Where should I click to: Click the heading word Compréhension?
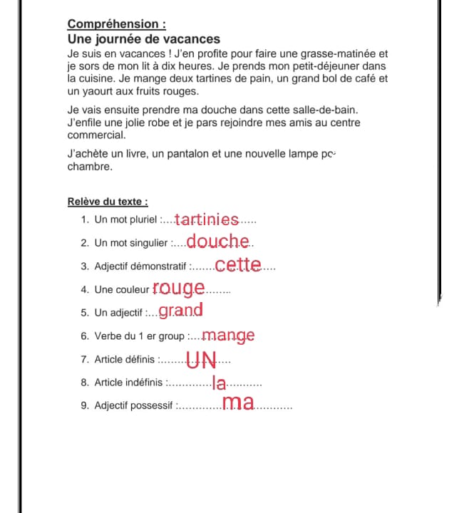point(112,26)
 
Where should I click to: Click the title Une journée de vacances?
point(144,39)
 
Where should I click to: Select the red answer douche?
point(219,242)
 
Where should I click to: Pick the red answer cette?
point(238,266)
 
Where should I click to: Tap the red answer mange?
point(228,335)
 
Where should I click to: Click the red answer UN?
point(202,360)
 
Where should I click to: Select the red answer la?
point(220,383)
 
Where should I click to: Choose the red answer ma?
point(238,404)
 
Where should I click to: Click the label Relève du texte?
point(108,202)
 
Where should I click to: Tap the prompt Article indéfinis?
point(129,383)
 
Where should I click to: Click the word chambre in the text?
point(89,167)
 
